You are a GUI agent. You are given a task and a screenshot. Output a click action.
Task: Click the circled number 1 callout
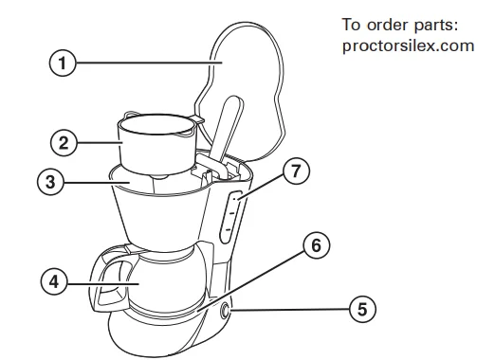63,63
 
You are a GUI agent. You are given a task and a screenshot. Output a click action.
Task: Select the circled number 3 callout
50,182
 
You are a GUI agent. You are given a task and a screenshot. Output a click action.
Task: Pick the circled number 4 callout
54,281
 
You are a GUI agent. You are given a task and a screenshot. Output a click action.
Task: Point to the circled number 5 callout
362,309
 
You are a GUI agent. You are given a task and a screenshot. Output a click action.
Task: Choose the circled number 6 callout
317,245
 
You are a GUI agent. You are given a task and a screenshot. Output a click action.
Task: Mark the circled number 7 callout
296,171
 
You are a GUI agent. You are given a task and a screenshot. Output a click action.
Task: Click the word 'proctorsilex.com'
408,46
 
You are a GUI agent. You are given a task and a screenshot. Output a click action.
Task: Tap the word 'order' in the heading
388,25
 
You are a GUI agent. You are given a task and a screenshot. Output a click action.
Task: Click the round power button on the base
225,311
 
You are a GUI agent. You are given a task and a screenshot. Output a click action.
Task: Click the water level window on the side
231,217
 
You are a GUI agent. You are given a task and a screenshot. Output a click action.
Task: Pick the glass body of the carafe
168,281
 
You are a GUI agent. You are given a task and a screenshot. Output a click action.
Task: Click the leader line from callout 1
149,63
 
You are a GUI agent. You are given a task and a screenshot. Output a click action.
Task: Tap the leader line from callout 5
289,310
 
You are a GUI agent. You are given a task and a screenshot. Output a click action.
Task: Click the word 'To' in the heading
351,25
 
